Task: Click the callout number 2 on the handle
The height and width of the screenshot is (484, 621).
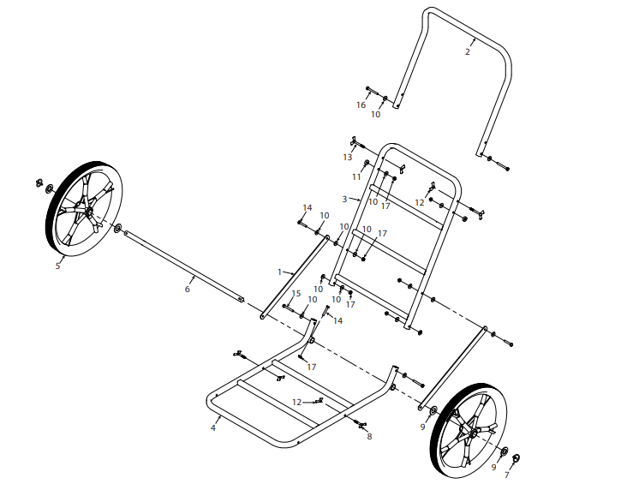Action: tap(467, 52)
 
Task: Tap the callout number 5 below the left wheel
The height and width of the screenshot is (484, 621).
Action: tap(57, 266)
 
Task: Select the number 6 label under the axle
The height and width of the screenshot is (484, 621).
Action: tap(187, 290)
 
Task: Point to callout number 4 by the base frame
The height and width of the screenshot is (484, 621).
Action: tap(213, 427)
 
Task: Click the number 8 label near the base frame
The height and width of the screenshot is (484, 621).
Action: tap(369, 437)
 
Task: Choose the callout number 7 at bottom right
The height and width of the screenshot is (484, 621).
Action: tap(506, 475)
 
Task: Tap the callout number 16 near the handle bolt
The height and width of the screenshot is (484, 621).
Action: tap(361, 105)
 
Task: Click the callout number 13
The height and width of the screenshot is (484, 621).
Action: tap(348, 158)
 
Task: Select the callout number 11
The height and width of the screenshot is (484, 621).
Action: tap(356, 176)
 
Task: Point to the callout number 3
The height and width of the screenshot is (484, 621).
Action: tap(344, 199)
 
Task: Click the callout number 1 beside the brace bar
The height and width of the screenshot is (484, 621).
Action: tap(279, 272)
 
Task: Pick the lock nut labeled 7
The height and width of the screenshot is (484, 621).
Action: tap(516, 459)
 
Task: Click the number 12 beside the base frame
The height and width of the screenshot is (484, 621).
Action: tap(297, 402)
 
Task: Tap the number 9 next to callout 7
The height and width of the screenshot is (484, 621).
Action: tap(493, 467)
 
